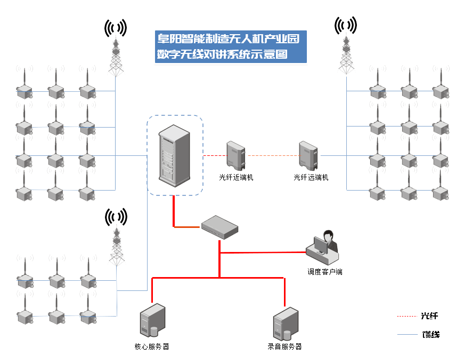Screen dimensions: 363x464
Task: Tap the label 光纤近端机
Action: (x=236, y=177)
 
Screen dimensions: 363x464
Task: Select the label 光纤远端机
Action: (x=311, y=177)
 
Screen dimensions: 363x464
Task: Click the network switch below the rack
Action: (x=219, y=227)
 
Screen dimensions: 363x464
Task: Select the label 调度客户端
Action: (x=324, y=272)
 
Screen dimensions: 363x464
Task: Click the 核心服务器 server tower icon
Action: (x=151, y=321)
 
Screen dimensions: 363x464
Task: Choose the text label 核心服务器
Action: (x=152, y=346)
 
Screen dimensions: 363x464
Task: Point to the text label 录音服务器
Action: (x=284, y=346)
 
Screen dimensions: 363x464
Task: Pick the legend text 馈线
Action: (x=430, y=335)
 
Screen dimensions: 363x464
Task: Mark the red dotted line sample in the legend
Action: (x=406, y=317)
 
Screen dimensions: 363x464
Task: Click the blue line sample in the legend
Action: (x=406, y=335)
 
